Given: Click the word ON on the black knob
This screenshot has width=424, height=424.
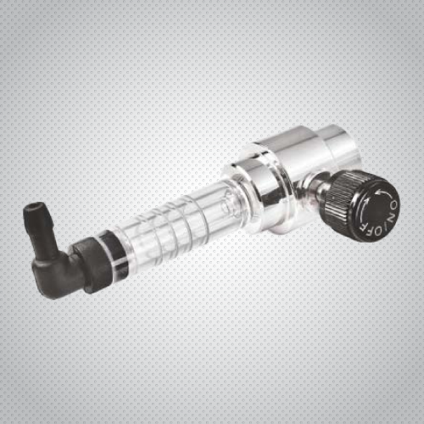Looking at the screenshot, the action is (393, 208).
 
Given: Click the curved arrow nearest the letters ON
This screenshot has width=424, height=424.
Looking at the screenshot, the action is (382, 194).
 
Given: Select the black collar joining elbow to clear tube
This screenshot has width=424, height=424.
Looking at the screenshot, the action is (88, 265).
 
